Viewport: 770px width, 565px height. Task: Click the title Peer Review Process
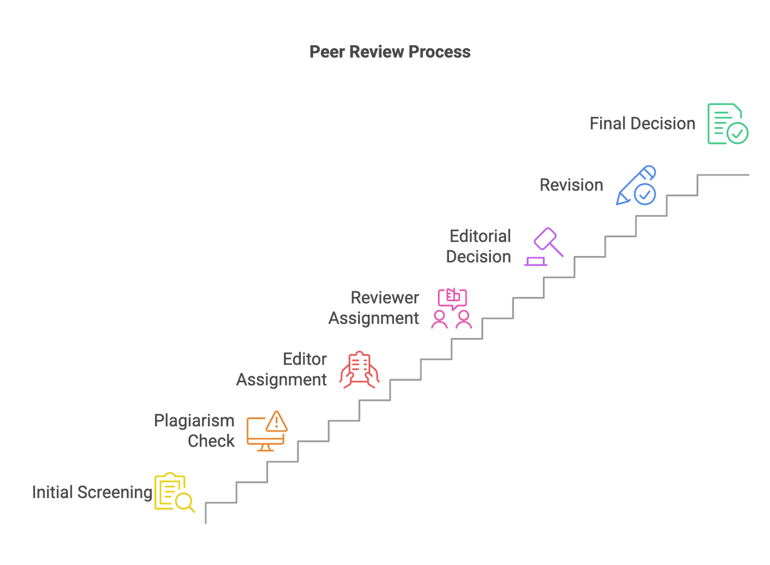(x=390, y=52)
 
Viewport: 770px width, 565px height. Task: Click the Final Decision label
(x=642, y=124)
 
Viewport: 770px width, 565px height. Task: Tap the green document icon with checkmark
(x=727, y=124)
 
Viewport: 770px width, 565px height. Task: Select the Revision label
(x=571, y=185)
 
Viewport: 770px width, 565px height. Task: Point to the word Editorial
(x=480, y=236)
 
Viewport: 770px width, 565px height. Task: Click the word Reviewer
(x=385, y=298)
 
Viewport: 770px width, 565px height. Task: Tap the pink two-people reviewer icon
(x=451, y=309)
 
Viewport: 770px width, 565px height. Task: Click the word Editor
(x=305, y=360)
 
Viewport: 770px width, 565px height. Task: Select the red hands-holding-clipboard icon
(x=359, y=370)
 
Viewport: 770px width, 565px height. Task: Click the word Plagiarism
(x=194, y=421)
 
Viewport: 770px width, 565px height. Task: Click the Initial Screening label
(x=92, y=492)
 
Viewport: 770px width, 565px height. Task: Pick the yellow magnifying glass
(x=184, y=502)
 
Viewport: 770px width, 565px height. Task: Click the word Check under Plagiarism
(x=211, y=441)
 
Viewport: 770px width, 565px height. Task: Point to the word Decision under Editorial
(x=478, y=257)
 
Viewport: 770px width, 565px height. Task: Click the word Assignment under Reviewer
(x=373, y=319)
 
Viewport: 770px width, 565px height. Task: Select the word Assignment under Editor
(x=282, y=380)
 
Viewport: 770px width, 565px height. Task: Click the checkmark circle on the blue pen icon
(x=644, y=194)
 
